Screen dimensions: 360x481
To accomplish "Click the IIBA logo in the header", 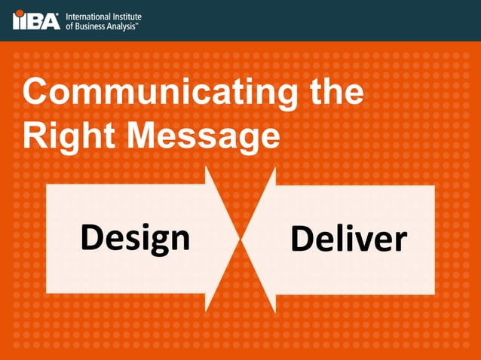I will [x=36, y=20].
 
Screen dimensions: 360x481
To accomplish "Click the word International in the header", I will [x=90, y=15].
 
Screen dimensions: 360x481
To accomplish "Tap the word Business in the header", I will [x=94, y=26].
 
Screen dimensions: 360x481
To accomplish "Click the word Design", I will [x=135, y=238].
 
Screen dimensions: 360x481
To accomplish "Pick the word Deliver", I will [x=348, y=239].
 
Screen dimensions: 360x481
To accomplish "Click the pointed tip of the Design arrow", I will [x=239, y=239].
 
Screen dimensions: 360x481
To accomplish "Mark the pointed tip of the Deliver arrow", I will [x=244, y=239].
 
